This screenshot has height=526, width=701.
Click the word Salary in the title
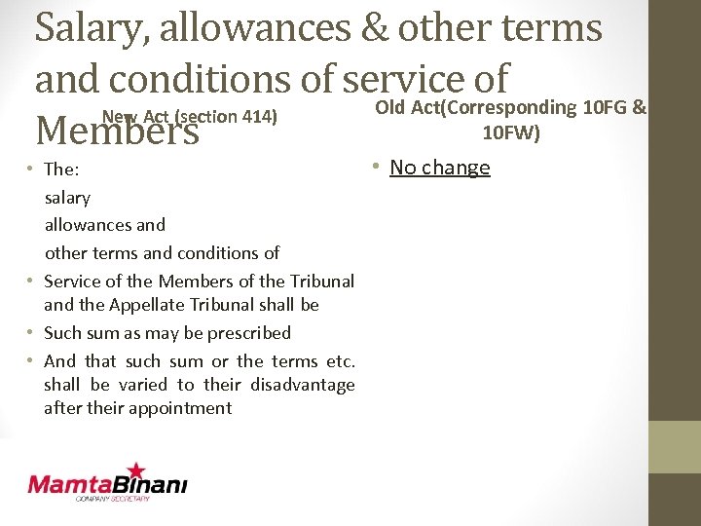[x=89, y=29]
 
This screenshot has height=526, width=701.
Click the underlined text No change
[x=440, y=168]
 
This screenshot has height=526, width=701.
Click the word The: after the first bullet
[x=61, y=169]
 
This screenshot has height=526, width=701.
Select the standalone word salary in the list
[x=67, y=198]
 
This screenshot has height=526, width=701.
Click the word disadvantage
[x=303, y=385]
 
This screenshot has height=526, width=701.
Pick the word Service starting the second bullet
[x=71, y=282]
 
